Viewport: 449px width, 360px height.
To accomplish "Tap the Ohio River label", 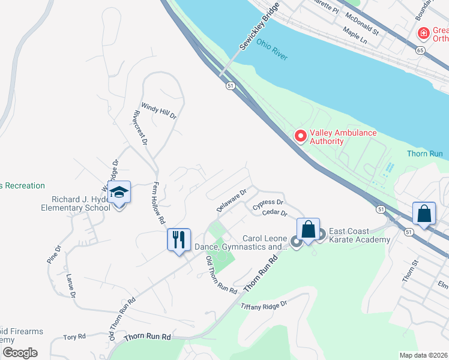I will pos(272,50).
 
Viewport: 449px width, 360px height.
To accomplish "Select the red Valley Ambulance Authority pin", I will pos(300,137).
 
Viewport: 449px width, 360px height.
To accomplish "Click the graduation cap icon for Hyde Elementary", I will pos(119,193).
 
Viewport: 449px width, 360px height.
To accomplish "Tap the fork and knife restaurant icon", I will pos(178,239).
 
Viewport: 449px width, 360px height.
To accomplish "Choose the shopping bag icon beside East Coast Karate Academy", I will pos(308,229).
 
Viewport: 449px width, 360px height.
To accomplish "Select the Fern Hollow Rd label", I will pos(158,203).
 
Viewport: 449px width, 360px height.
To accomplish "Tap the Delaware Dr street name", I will pos(232,200).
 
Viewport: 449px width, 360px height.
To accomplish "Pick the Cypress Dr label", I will pos(268,205).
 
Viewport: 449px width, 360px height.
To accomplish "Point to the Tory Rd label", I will pos(74,337).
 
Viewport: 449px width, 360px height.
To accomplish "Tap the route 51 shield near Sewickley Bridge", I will pos(231,86).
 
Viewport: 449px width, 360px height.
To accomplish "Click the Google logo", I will pos(19,353).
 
